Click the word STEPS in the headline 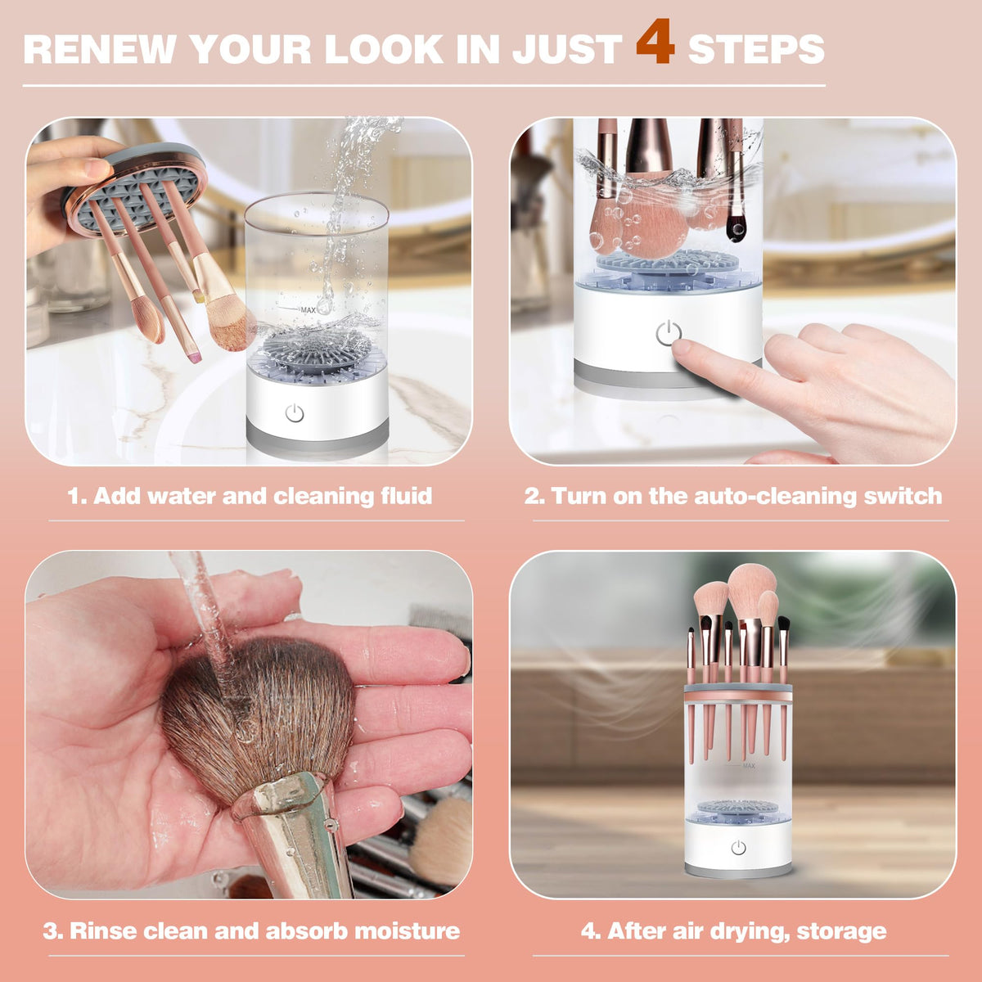coord(755,50)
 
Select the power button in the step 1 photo coord(295,413)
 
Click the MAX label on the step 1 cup coord(308,310)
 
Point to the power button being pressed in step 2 coord(668,333)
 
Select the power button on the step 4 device coord(738,848)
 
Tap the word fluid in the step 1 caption coord(406,496)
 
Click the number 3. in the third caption coord(52,930)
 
